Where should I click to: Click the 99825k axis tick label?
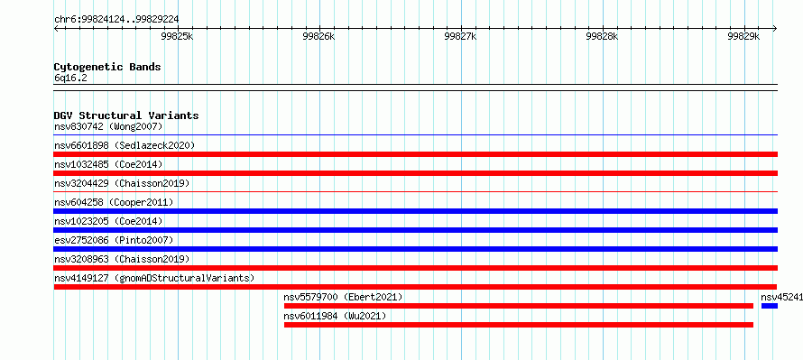click(x=178, y=36)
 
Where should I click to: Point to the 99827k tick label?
click(x=461, y=36)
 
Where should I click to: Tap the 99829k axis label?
click(x=744, y=36)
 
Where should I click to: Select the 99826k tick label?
click(x=319, y=36)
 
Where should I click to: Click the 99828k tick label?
click(x=603, y=36)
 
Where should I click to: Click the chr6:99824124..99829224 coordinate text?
click(x=116, y=20)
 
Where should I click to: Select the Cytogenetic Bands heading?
click(x=107, y=67)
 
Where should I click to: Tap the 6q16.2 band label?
click(x=70, y=78)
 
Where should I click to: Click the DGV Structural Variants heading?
click(x=126, y=115)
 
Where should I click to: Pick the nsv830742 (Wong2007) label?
click(x=108, y=126)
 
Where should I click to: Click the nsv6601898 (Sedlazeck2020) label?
click(x=125, y=145)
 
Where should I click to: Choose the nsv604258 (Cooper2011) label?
click(x=114, y=202)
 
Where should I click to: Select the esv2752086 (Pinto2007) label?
click(x=114, y=240)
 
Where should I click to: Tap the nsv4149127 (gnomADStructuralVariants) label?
click(x=154, y=278)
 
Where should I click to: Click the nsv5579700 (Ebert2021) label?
click(x=343, y=297)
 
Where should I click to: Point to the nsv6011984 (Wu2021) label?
click(x=335, y=316)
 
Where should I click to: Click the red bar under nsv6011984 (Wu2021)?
click(x=519, y=325)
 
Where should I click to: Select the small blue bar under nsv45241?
click(x=770, y=306)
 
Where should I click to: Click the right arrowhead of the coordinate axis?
click(x=775, y=28)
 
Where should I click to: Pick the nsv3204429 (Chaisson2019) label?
click(x=122, y=183)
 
